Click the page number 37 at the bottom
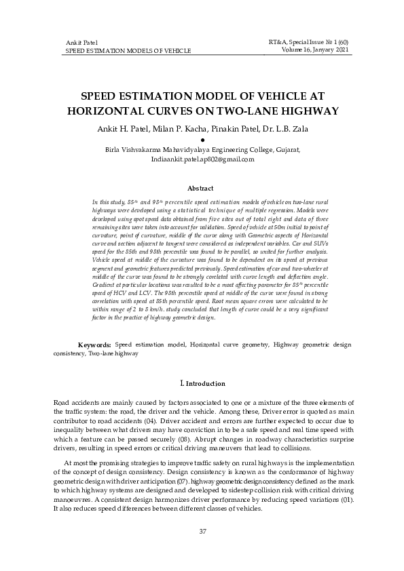click(202, 531)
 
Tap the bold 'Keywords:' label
click(95, 345)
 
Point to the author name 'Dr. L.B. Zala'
click(278, 129)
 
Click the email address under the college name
click(202, 159)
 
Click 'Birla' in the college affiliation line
click(114, 150)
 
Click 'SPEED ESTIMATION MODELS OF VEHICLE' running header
click(128, 51)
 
